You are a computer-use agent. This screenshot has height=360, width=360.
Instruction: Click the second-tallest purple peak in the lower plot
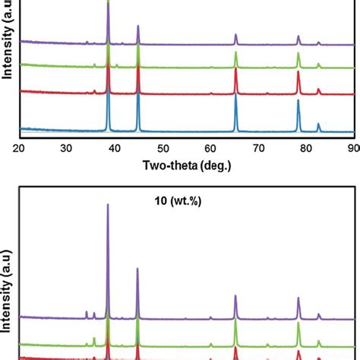tap(137, 268)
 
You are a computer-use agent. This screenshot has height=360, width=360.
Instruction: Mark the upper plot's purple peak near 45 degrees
tap(137, 27)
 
